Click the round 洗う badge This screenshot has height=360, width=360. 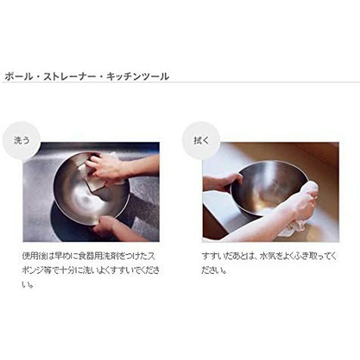point(22,140)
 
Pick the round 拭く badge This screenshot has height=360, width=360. point(201,140)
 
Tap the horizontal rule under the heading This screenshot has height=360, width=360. point(180,82)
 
